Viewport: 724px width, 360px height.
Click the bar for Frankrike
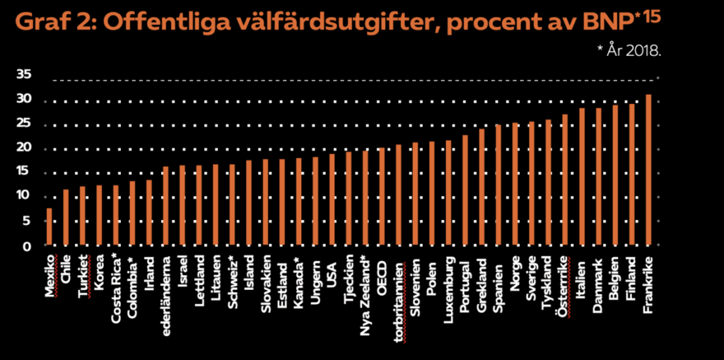[648, 170]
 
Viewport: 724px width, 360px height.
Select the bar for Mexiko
[49, 227]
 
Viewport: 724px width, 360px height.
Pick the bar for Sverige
[532, 184]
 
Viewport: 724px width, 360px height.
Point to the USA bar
[332, 200]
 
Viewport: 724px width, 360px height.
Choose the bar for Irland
[149, 213]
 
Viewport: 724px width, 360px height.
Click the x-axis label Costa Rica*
[116, 292]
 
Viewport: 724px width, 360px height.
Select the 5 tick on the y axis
[28, 221]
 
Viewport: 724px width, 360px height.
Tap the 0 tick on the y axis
[28, 246]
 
